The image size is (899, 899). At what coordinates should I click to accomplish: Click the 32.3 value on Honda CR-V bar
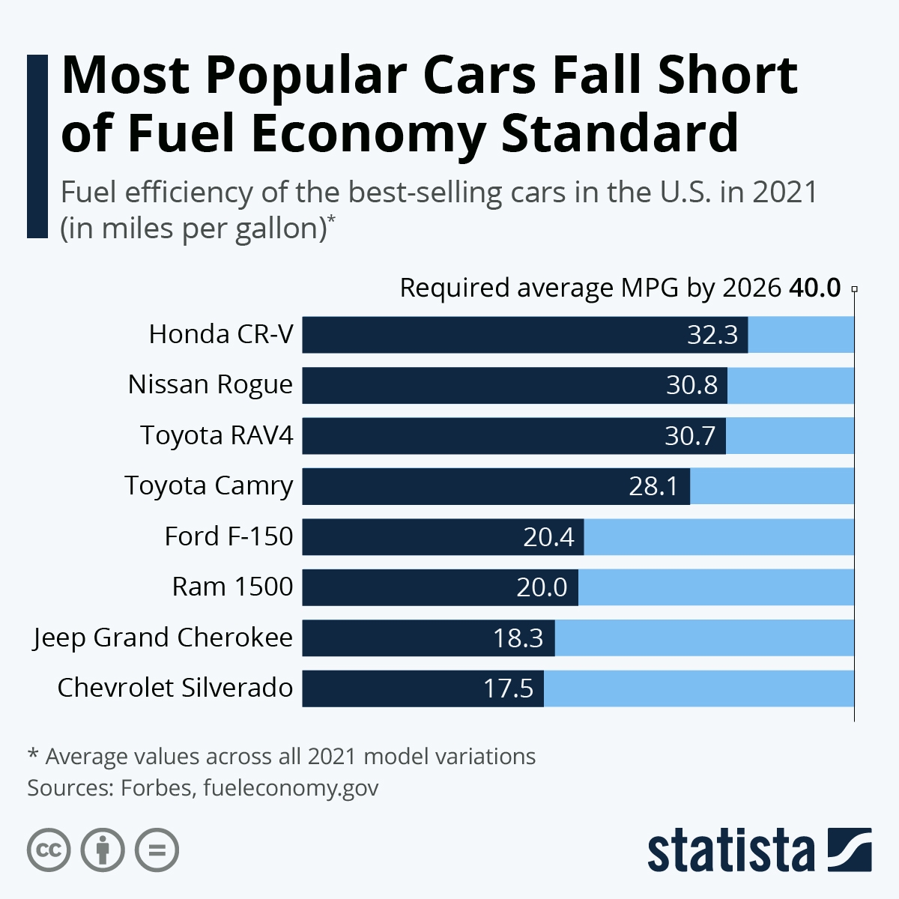(712, 335)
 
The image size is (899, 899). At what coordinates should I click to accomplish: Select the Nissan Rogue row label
(211, 385)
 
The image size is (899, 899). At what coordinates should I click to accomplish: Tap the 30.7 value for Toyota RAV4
(690, 436)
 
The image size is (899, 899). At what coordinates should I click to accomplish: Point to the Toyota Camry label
(209, 486)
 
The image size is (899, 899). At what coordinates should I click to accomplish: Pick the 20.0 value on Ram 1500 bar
(542, 587)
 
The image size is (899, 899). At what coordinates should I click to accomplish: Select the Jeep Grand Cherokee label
(163, 638)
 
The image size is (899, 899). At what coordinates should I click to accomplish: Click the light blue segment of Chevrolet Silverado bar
(698, 688)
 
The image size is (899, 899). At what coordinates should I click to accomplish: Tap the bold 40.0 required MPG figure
(815, 288)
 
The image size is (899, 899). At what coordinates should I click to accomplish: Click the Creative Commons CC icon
(49, 850)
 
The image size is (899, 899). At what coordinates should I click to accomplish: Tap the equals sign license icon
(157, 850)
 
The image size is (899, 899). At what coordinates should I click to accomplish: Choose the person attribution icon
(103, 850)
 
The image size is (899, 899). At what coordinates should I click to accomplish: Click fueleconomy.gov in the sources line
(291, 788)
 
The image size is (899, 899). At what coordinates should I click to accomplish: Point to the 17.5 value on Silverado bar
(508, 688)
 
